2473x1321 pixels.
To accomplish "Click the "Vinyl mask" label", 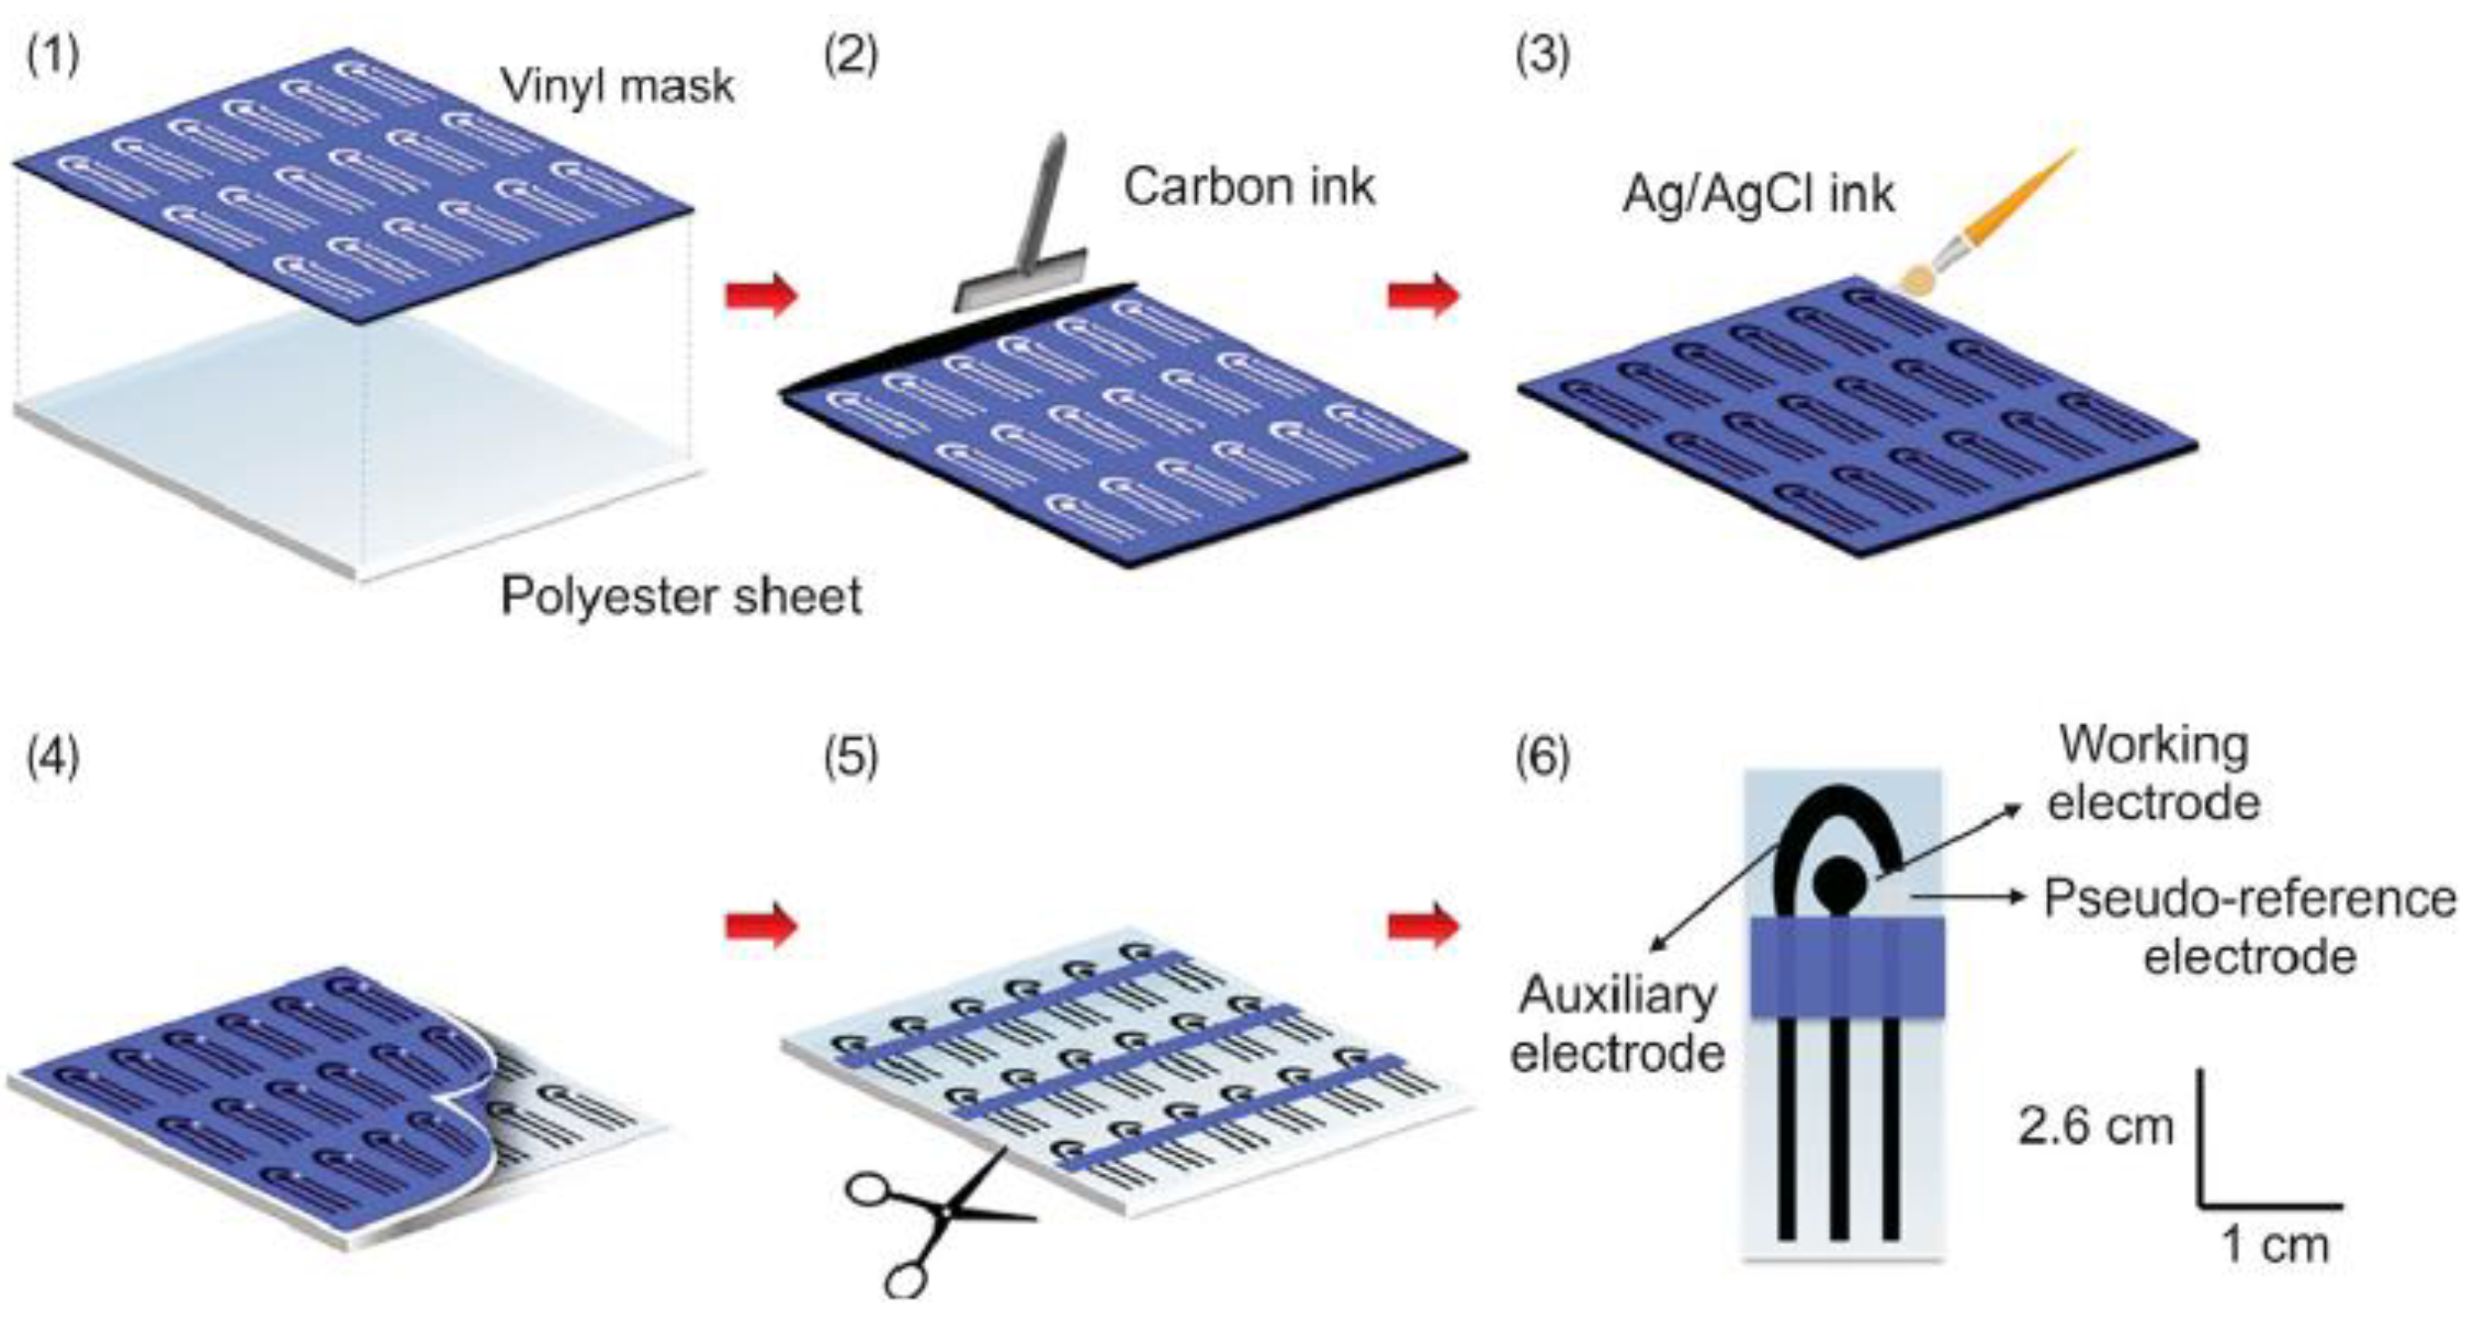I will click(617, 86).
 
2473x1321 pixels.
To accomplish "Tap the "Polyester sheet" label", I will click(680, 596).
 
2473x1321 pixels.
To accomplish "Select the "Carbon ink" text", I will click(1249, 186).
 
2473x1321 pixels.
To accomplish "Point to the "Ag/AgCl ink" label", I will click(1758, 195).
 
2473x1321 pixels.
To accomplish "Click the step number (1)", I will click(53, 55).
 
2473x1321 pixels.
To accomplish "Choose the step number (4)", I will click(53, 757).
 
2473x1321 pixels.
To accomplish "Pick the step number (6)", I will click(1542, 757).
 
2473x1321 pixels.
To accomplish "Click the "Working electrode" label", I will click(2154, 774).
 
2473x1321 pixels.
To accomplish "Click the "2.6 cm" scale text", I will click(2095, 1125).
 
